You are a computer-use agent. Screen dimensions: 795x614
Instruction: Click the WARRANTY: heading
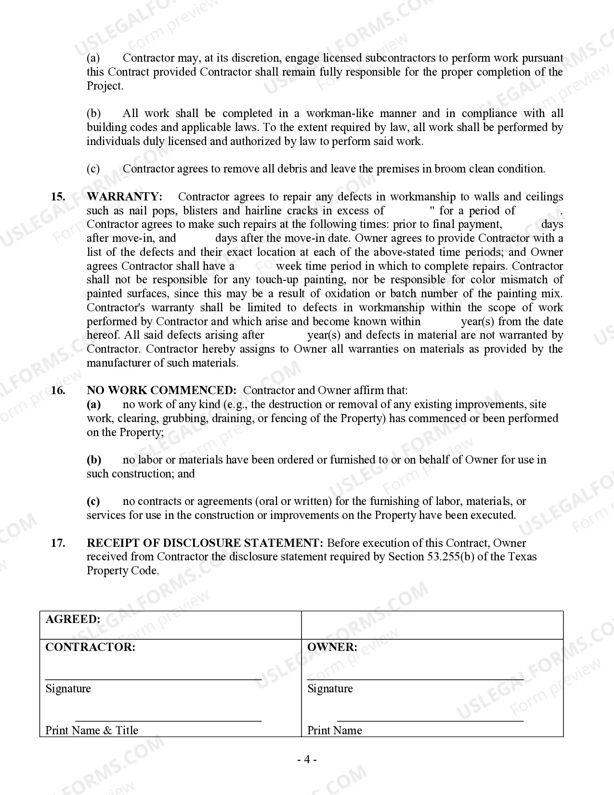[124, 197]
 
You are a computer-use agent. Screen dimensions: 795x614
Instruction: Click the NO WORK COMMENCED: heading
[161, 390]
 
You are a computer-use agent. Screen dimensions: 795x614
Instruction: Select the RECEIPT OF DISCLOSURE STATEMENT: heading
[205, 543]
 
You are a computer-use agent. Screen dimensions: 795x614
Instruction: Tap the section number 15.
[58, 197]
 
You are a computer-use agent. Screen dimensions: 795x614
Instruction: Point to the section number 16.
[58, 390]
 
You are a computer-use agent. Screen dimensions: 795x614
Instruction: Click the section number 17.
[58, 543]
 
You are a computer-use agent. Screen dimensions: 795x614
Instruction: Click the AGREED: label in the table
[73, 619]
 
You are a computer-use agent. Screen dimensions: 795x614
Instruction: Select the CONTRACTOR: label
[90, 647]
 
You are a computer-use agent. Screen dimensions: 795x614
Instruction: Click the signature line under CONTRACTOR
[153, 679]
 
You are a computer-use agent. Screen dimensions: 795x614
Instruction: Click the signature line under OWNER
[415, 679]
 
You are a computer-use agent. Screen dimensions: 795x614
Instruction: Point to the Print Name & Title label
[91, 730]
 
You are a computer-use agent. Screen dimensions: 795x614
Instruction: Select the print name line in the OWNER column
[430, 721]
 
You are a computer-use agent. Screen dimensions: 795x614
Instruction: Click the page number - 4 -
[307, 760]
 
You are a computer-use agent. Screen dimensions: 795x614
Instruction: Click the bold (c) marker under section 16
[93, 502]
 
